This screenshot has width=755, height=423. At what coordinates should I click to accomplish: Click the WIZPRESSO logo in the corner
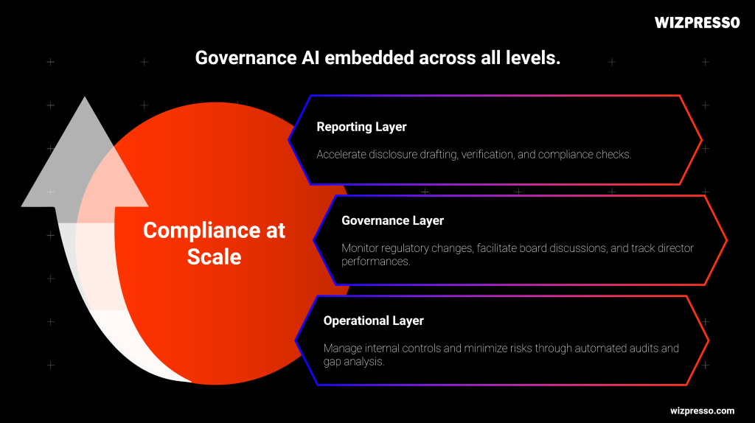click(697, 23)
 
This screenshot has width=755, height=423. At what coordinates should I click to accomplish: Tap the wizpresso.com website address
click(702, 410)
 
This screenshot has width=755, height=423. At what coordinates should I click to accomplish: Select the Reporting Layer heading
click(361, 127)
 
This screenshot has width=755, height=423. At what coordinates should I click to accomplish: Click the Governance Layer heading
click(392, 220)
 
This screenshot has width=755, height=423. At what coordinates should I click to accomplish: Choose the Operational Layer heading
click(373, 321)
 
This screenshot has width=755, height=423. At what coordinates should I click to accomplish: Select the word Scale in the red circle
click(214, 256)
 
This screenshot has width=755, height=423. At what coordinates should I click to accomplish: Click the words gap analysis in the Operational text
click(354, 362)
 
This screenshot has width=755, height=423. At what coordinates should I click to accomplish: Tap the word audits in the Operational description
click(663, 348)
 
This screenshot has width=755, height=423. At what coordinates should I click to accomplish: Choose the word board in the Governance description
click(546, 248)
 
